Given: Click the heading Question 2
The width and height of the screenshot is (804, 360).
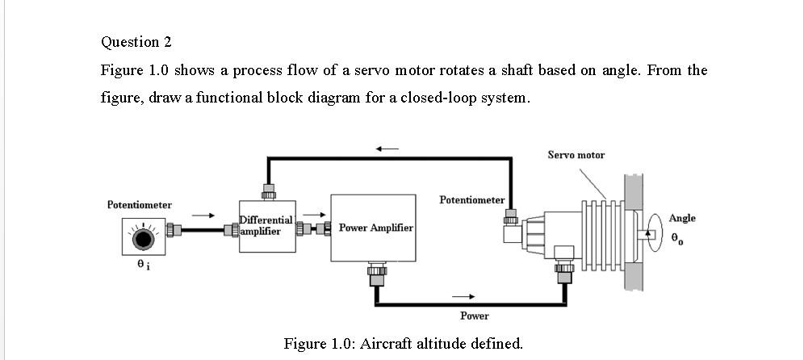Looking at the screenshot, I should (x=136, y=42).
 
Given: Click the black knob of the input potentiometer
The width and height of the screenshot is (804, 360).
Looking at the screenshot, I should (x=145, y=239).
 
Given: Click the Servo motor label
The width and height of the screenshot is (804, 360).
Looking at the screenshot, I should (x=576, y=155).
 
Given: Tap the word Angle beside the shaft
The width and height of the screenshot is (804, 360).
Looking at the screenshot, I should (x=682, y=218).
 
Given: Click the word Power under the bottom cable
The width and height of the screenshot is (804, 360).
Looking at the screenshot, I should (x=474, y=316).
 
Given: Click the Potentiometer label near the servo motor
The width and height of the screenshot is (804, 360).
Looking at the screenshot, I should (x=472, y=199).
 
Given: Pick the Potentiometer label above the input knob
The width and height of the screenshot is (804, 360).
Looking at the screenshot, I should (x=139, y=205).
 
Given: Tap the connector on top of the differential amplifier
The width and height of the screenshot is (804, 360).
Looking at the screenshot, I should (x=269, y=191).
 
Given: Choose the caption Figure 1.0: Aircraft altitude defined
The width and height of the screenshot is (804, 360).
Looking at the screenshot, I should (x=404, y=343).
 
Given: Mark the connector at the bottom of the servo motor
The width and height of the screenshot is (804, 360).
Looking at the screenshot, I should (x=563, y=274).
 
